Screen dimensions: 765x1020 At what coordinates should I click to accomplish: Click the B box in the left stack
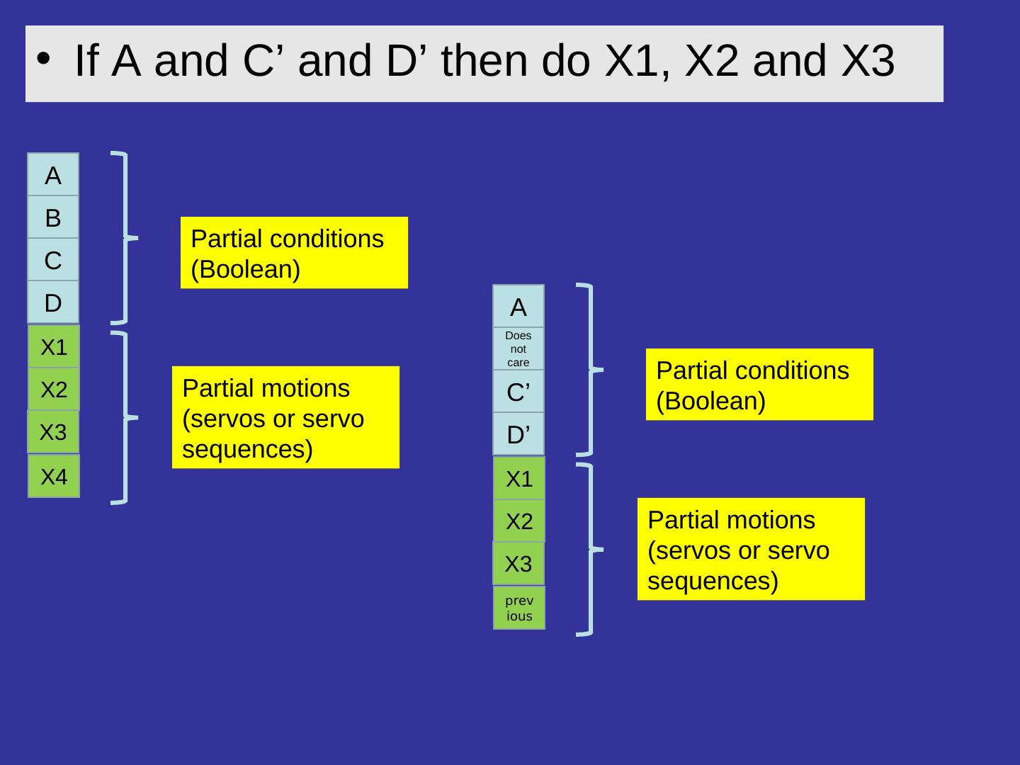53,218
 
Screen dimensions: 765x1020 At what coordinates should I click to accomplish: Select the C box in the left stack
53,261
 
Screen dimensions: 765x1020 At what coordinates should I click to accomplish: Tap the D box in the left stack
53,303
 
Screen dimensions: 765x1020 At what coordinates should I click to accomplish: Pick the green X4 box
54,477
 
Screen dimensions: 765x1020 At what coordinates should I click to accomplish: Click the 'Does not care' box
518,348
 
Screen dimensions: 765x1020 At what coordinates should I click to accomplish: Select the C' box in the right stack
518,391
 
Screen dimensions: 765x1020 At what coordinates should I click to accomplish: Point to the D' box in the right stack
518,433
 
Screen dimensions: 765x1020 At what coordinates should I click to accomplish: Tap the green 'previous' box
519,608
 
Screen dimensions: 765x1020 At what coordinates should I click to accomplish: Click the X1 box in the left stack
54,347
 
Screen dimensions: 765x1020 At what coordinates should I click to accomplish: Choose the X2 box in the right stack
519,522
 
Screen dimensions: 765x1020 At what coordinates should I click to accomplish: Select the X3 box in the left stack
53,432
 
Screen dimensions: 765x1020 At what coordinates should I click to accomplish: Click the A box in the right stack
518,307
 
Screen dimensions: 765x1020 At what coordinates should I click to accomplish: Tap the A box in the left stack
53,175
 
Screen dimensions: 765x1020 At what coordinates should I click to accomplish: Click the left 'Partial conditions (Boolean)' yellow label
294,253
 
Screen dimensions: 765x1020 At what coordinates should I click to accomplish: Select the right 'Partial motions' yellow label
751,550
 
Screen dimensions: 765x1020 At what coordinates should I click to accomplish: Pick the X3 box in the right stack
518,564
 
